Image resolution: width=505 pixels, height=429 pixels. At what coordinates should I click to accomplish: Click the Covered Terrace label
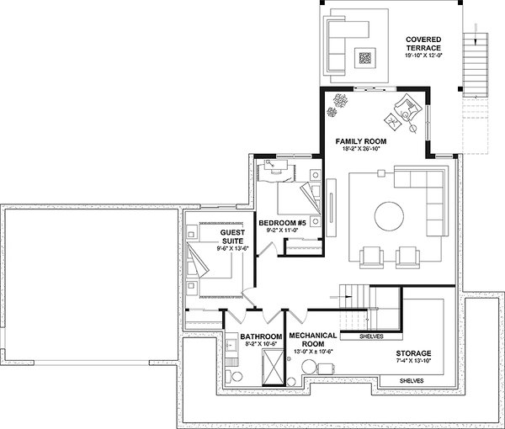coord(425,44)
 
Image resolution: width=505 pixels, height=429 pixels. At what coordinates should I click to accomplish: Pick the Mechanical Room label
coord(313,338)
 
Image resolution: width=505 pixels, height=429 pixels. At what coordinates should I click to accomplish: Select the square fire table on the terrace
coord(367,59)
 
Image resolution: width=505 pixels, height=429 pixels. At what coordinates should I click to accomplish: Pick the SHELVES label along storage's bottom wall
coord(412,381)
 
